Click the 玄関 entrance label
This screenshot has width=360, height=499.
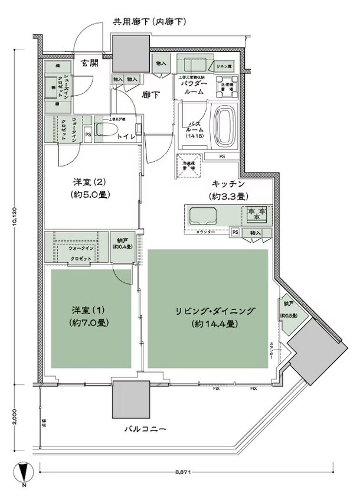90,63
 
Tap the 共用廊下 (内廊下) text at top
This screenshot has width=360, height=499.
150,22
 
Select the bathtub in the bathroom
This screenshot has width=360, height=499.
224,123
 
